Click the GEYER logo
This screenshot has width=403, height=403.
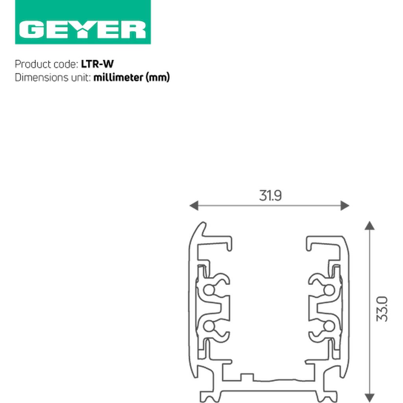[x=83, y=22]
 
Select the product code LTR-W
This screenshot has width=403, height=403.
[x=97, y=64]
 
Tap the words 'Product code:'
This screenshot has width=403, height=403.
[x=46, y=64]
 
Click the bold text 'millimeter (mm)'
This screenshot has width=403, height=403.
[x=131, y=78]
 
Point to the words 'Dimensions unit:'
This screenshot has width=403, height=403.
[x=53, y=78]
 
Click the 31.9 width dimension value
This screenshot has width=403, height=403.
[x=270, y=196]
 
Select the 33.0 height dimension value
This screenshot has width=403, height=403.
[x=382, y=309]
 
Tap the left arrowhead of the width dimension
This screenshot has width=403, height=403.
[x=194, y=205]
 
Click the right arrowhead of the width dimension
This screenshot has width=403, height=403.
[x=345, y=205]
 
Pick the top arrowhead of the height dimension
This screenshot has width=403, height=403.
[x=370, y=226]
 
